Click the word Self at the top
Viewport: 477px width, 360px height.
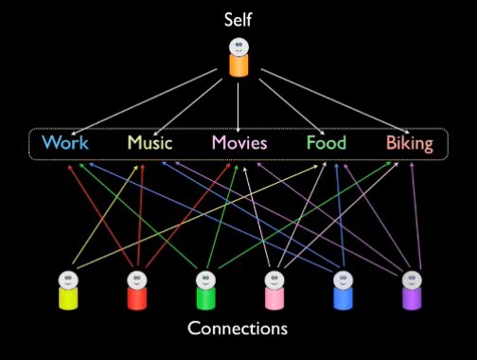[x=238, y=20]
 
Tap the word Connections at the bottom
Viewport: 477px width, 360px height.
[x=238, y=328]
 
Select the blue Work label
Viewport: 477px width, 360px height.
[x=65, y=142]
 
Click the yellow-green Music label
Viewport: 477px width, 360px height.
[x=150, y=142]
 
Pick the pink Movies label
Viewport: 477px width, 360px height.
[x=239, y=142]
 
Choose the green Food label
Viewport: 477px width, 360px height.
[x=327, y=142]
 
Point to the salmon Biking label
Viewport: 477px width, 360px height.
[x=410, y=144]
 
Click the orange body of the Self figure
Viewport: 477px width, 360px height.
[x=238, y=65]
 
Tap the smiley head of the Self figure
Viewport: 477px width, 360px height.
[x=238, y=46]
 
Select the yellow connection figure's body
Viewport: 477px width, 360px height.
[x=68, y=298]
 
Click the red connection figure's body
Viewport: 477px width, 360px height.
[x=137, y=298]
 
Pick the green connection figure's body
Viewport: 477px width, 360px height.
[x=205, y=298]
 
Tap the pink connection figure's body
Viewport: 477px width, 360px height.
[x=274, y=298]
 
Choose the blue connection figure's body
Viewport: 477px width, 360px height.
[x=344, y=298]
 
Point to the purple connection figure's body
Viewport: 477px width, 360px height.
[x=412, y=298]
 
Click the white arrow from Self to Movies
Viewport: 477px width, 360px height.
[x=238, y=107]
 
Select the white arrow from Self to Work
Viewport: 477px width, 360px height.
[x=144, y=102]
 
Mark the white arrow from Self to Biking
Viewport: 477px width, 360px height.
[x=335, y=101]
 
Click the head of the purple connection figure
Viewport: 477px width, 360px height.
[x=412, y=279]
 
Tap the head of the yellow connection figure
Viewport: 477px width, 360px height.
[x=68, y=279]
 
